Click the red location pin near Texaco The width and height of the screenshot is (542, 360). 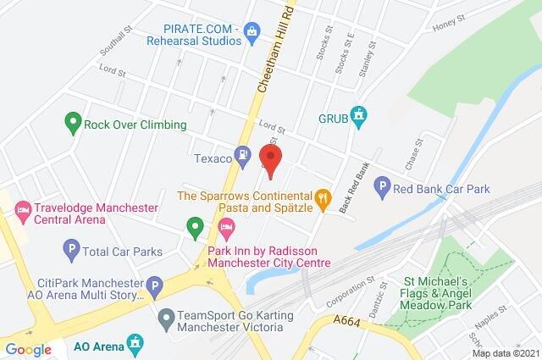(270, 159)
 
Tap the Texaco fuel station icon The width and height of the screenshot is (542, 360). (244, 155)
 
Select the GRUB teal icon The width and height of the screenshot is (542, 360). (359, 116)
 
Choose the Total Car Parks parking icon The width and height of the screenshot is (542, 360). (72, 249)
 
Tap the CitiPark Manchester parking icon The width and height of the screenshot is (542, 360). (154, 288)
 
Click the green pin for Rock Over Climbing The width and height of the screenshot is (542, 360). (73, 124)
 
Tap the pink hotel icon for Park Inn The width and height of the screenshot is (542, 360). (226, 227)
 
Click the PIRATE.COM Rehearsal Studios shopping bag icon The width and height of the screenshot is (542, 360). (251, 32)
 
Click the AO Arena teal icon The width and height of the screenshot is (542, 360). (134, 342)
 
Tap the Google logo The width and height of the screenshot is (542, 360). (28, 349)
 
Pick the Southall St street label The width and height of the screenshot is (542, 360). (116, 41)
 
